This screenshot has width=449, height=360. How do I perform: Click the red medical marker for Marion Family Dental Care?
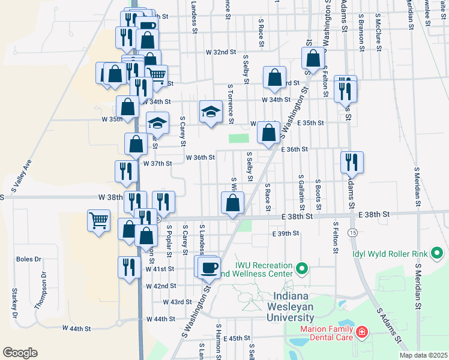coord(362,332)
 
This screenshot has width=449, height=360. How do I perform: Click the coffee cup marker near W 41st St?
coord(209,267)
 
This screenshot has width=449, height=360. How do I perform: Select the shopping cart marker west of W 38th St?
coord(98,220)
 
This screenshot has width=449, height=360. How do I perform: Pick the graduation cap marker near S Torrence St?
coord(211,112)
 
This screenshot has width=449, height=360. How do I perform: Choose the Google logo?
coord(20,352)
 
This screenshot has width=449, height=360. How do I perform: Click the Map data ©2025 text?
coord(423,355)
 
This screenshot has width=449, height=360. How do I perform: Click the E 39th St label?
coord(285,233)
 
